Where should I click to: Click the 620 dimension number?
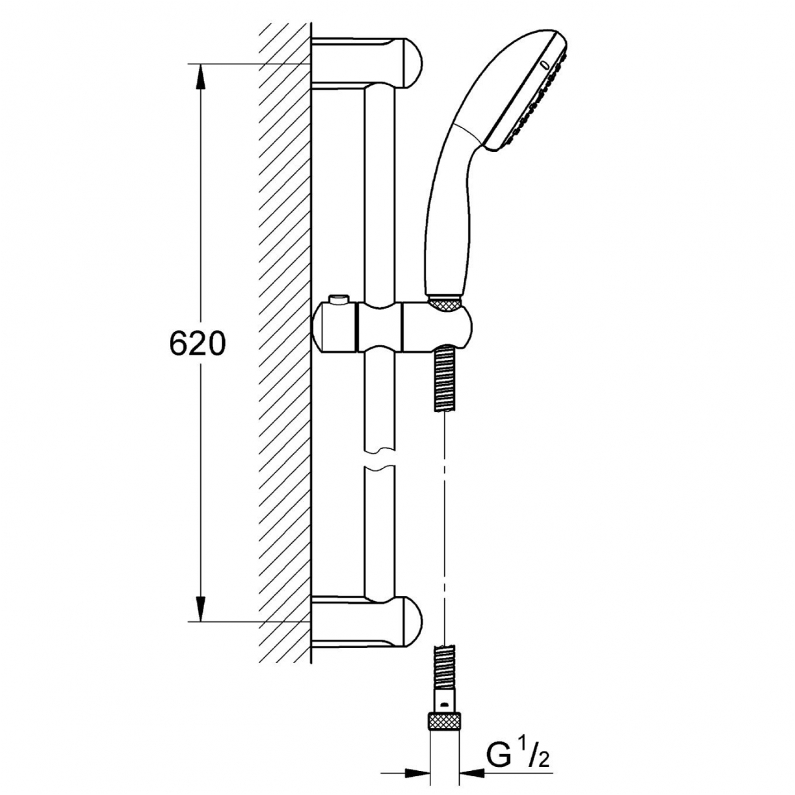[197, 343]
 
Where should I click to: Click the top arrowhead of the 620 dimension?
[201, 77]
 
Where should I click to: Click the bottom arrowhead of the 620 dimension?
[201, 608]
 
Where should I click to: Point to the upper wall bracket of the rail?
[367, 64]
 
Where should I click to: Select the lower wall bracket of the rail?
[367, 622]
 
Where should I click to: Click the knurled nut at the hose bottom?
[446, 721]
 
